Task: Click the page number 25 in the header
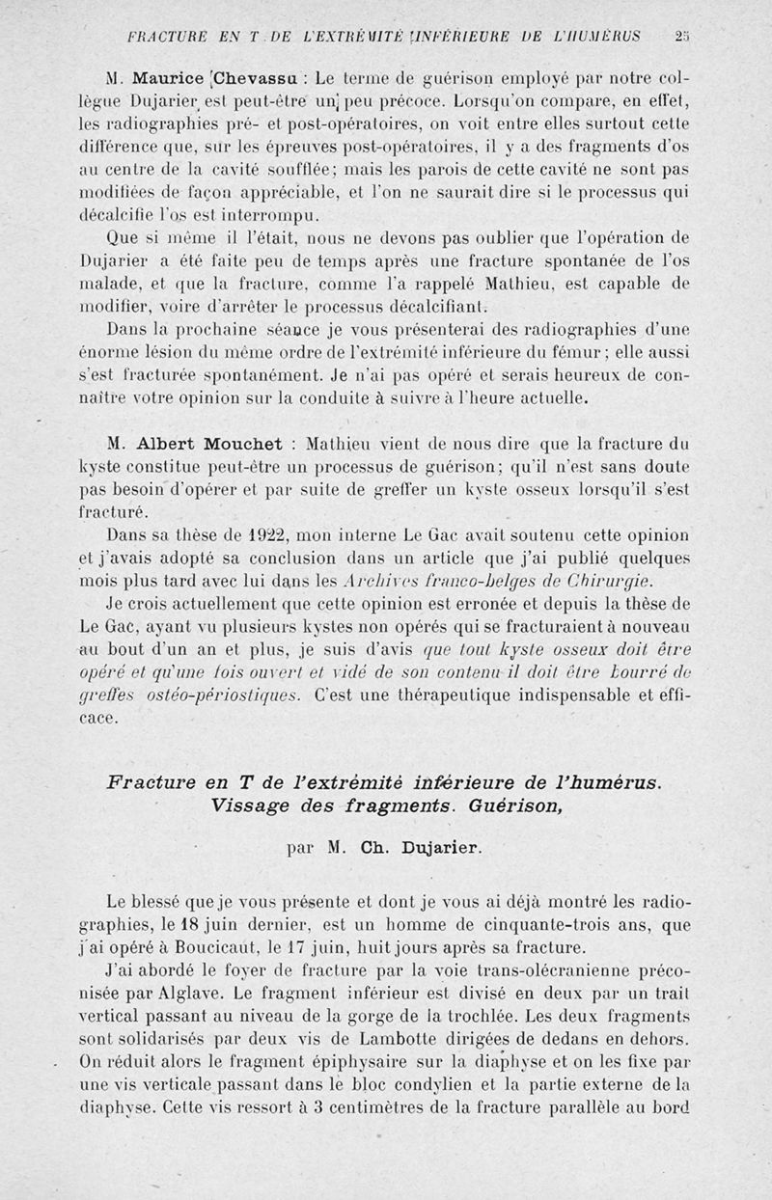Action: pos(681,38)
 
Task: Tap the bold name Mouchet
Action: pos(242,445)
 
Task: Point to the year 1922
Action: pos(262,535)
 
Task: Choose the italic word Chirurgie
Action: pos(604,581)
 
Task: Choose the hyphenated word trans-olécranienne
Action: pos(542,970)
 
